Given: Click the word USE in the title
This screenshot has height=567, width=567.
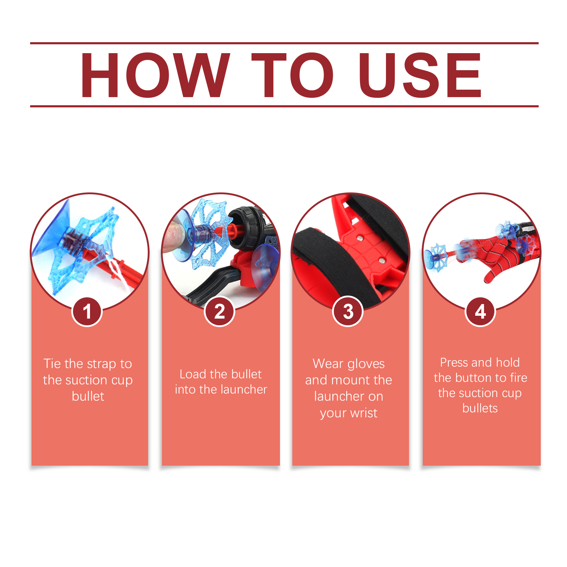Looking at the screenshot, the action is [x=420, y=75].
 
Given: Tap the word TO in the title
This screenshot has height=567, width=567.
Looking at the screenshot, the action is [x=293, y=75].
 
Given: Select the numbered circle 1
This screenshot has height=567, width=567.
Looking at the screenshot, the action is [x=87, y=311].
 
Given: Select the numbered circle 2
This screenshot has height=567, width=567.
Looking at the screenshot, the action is [x=220, y=311].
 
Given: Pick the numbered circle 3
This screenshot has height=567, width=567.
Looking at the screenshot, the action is [x=348, y=311].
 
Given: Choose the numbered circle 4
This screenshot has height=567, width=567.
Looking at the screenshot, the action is [x=480, y=311].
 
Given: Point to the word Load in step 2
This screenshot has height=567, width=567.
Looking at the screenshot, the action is [x=193, y=374].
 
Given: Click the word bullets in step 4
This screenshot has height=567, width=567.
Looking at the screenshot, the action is [x=480, y=408].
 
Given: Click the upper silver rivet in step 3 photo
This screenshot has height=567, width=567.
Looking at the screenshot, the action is [x=360, y=238].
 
